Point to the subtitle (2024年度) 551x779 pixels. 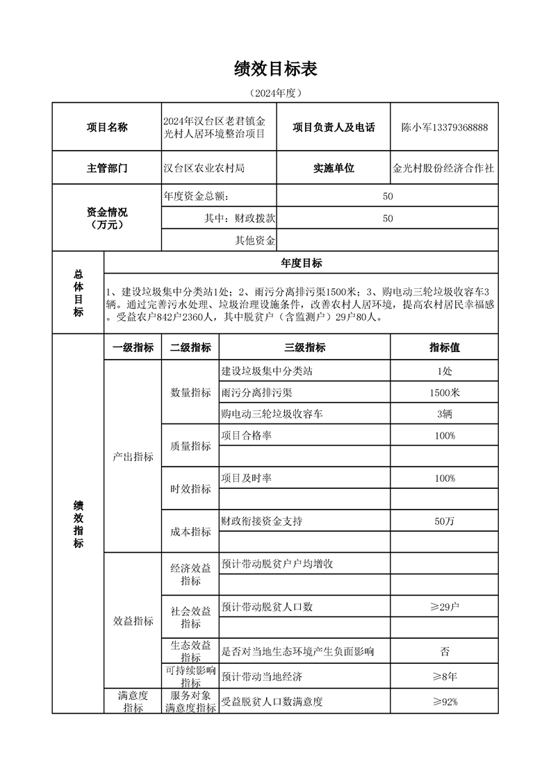[276, 92]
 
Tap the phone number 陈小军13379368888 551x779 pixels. [444, 127]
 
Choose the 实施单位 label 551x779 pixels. [334, 168]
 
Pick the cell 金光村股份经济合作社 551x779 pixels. [444, 168]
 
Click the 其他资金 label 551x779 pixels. [256, 240]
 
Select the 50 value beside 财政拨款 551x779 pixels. [388, 218]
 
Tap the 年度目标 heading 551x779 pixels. [301, 263]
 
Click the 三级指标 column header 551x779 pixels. [304, 348]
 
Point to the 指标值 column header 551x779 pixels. [444, 348]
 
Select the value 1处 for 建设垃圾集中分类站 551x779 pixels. [444, 371]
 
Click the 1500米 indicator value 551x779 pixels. [444, 392]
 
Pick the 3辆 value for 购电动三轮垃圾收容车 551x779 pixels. [444, 414]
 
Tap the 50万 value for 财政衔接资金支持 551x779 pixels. [444, 521]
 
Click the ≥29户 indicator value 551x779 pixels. [444, 607]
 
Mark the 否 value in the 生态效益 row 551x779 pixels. [444, 651]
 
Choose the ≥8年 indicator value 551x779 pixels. [444, 676]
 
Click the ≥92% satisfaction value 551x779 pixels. [444, 701]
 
